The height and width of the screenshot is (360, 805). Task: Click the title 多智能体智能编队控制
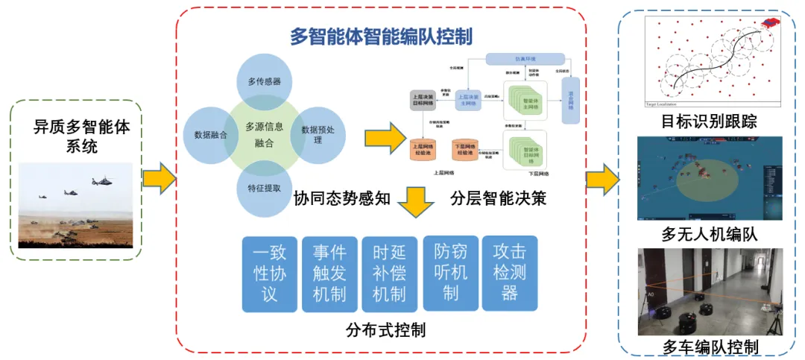pos(381,36)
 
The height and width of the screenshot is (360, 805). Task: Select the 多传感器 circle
pos(264,82)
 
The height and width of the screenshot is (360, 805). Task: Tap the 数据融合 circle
pos(210,135)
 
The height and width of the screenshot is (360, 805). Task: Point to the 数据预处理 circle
pos(318,134)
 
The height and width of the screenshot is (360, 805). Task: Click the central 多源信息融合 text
pos(264,134)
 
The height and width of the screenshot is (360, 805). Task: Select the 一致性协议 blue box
pos(269,274)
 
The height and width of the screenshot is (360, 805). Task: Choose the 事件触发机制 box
pos(329,274)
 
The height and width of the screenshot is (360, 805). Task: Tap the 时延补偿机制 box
pos(389,274)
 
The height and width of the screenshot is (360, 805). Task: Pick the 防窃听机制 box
pos(449,273)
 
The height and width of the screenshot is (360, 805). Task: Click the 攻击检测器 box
pos(510,273)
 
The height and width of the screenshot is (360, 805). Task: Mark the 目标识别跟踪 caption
pos(709,121)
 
